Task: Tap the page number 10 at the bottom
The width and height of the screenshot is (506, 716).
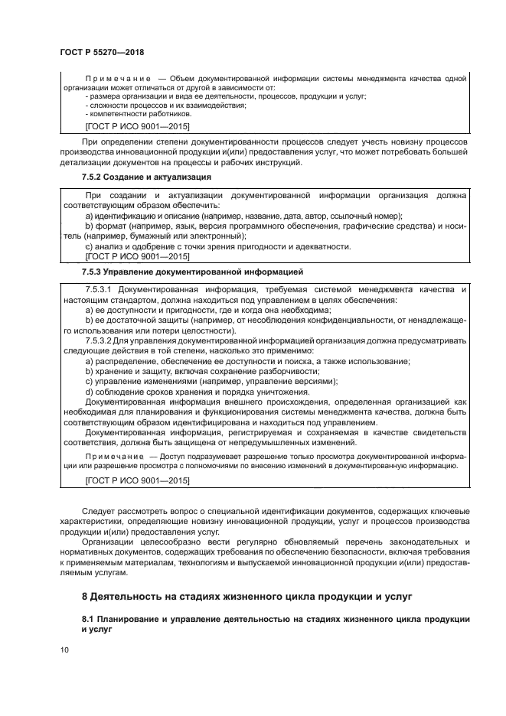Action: (x=64, y=650)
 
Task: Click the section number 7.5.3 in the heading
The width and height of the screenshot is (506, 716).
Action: (x=94, y=272)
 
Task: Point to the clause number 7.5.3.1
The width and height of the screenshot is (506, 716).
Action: (x=100, y=291)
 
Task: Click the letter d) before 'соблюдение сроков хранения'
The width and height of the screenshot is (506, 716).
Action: (x=90, y=391)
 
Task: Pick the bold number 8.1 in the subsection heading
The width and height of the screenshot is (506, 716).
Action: (x=89, y=617)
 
